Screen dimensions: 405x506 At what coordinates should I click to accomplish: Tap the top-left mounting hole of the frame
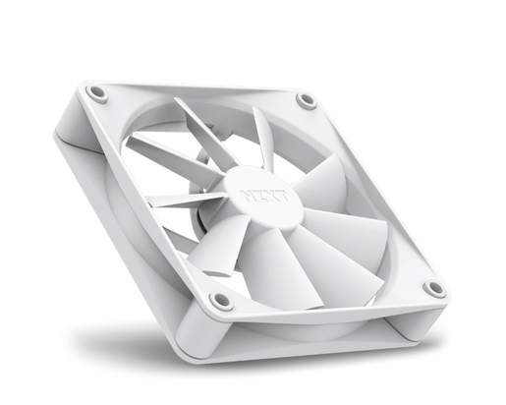click(x=97, y=92)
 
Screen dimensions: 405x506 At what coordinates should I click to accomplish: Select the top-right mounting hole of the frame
click(x=308, y=100)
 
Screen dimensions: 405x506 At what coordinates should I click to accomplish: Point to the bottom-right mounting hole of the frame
click(x=433, y=288)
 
